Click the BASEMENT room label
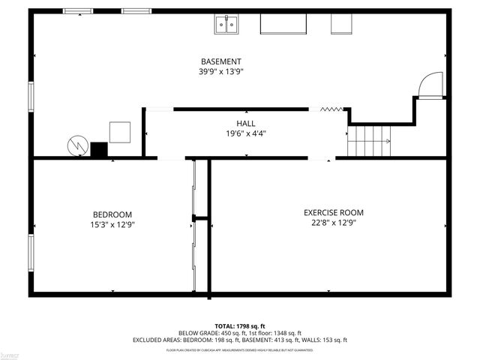(220, 61)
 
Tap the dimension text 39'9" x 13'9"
(220, 72)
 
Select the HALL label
(245, 124)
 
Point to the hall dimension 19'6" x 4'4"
(245, 134)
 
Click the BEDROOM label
(112, 214)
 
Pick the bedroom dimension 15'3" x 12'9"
(112, 224)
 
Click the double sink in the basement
(227, 25)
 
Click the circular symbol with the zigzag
(78, 144)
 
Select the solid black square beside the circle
(99, 149)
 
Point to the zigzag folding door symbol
(331, 109)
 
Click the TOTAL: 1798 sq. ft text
(240, 326)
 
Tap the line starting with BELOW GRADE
(240, 333)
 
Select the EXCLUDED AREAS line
(240, 340)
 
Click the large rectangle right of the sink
(283, 23)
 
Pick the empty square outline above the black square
(120, 132)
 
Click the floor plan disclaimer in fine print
(240, 350)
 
